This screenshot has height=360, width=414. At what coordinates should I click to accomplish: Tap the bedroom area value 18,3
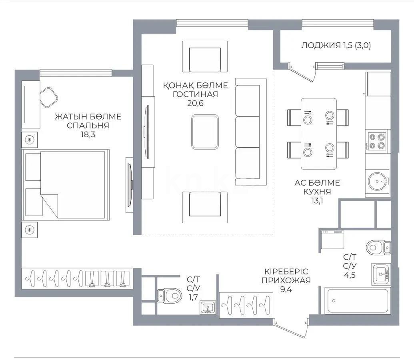tap(88, 135)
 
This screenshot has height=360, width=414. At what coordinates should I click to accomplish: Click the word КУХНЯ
tap(317, 192)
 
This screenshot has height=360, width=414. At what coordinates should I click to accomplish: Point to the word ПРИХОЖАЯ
tap(286, 280)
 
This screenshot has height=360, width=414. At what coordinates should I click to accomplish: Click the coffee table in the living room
tap(205, 132)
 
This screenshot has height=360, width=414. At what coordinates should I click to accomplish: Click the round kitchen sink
tap(378, 182)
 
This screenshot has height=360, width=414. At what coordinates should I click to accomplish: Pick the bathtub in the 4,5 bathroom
tap(356, 301)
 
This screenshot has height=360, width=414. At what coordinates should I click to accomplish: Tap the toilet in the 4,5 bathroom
tap(377, 247)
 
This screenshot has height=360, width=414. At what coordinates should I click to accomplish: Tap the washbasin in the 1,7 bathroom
tap(207, 308)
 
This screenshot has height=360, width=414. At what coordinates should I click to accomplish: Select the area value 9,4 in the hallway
tap(286, 290)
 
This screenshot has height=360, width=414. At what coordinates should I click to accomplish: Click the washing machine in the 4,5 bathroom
tap(332, 240)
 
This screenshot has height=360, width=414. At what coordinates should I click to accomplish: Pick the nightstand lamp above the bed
tap(30, 140)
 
